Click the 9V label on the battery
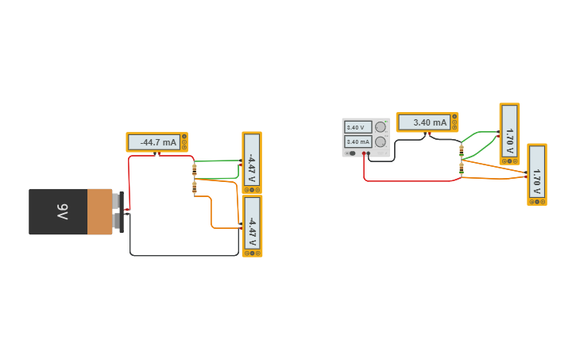(x=62, y=211)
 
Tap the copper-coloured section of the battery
(x=100, y=211)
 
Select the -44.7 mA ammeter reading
(x=157, y=142)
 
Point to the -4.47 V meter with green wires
(x=252, y=163)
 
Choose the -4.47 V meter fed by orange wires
(x=252, y=226)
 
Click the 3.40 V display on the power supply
(x=357, y=127)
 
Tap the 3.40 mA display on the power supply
(x=357, y=141)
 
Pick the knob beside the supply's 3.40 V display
(x=381, y=126)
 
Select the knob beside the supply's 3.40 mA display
(x=381, y=141)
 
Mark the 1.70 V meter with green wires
(x=509, y=134)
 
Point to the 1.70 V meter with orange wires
(x=537, y=174)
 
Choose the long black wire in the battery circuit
(x=183, y=255)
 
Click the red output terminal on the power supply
(x=365, y=153)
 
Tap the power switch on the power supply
(x=351, y=153)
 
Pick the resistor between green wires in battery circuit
(x=195, y=170)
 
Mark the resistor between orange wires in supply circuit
(x=462, y=167)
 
